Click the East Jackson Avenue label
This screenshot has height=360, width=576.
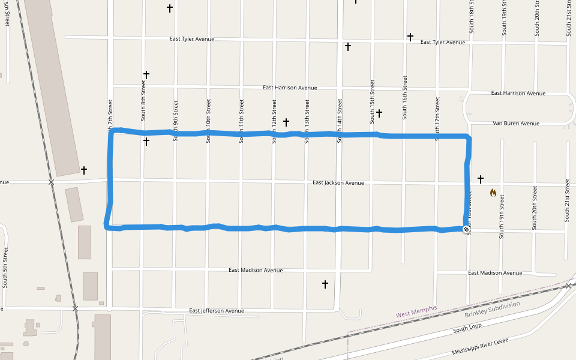[x=338, y=182]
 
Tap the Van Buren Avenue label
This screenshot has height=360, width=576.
[x=516, y=124]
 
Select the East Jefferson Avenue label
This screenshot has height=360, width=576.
[x=217, y=311]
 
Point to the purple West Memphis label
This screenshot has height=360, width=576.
[x=416, y=312]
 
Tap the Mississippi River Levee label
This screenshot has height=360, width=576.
[x=480, y=347]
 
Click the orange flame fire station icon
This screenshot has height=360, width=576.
[x=493, y=193]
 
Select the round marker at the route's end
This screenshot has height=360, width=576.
[x=466, y=229]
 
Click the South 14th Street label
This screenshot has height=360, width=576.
[x=340, y=121]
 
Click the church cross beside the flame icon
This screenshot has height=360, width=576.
[x=480, y=179]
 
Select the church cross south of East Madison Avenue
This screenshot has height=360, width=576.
[x=325, y=284]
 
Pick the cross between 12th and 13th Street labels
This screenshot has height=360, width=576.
[x=286, y=122]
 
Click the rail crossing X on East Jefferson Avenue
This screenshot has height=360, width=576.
[x=75, y=308]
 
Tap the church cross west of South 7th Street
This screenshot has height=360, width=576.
[x=84, y=170]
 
